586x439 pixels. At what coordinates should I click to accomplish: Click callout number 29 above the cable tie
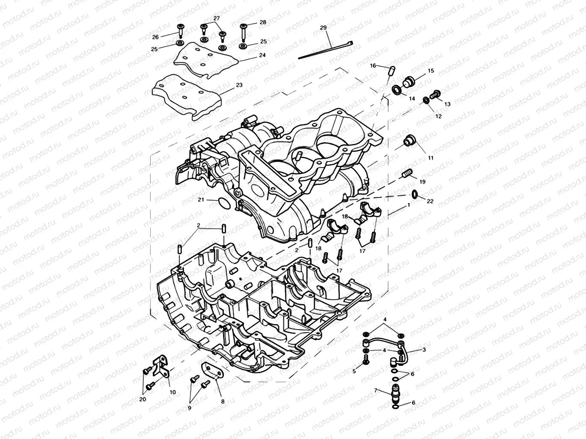[x=323, y=28]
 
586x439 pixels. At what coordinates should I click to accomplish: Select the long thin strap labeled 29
[x=325, y=49]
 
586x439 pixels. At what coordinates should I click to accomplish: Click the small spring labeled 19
[x=407, y=174]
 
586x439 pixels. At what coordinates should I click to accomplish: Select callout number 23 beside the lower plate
[x=239, y=85]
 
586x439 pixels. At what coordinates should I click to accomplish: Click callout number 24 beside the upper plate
[x=262, y=55]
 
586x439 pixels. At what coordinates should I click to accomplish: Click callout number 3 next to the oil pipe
[x=424, y=350]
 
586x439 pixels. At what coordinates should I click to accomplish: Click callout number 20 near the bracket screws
[x=143, y=399]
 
